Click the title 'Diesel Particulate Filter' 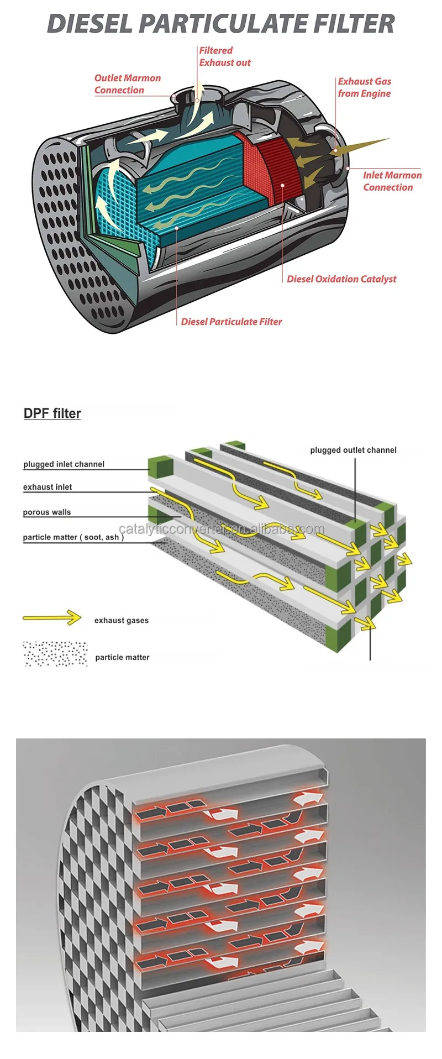coord(221,24)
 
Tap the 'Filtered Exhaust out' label coord(224,56)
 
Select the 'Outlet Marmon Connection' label coord(127,84)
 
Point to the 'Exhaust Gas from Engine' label coord(364,87)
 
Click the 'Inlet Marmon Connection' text coord(392,181)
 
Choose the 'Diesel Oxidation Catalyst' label coord(341,279)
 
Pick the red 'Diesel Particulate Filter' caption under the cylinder coord(231,322)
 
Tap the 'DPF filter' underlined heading coord(52,413)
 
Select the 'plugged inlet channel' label coord(64,464)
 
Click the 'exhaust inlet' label coord(48,487)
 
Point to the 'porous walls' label coord(47,512)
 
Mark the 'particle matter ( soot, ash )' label coord(73,537)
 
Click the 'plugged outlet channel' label coord(353,450)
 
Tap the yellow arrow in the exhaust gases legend coord(52,618)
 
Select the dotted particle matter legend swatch coord(55,654)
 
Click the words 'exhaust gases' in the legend coord(121,620)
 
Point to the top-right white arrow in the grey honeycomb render coord(309,798)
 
